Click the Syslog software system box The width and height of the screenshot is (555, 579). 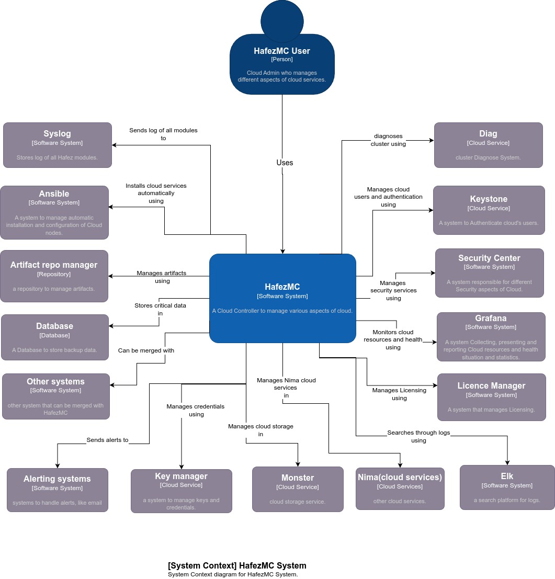[58, 145]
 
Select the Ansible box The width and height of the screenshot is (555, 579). [54, 212]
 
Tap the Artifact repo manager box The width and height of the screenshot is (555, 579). [54, 276]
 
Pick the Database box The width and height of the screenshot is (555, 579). [55, 337]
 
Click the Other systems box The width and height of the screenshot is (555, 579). [56, 396]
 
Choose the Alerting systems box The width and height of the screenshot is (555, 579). [58, 490]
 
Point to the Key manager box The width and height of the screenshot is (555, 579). [182, 491]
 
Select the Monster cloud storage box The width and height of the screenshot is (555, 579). [298, 489]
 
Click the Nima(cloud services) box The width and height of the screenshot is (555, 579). [400, 489]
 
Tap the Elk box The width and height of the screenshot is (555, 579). [507, 487]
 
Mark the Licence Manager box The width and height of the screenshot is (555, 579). [491, 397]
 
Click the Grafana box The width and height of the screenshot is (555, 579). [491, 337]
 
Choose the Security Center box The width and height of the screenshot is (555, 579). [489, 273]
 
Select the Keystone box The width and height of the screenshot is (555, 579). [489, 210]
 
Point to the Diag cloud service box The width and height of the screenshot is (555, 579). [488, 145]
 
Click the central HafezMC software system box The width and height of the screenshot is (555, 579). [282, 298]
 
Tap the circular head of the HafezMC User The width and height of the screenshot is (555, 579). [282, 21]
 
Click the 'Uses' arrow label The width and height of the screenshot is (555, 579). [285, 163]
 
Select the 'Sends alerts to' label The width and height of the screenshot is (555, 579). [107, 440]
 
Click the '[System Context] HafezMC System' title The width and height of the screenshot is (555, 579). [237, 565]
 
